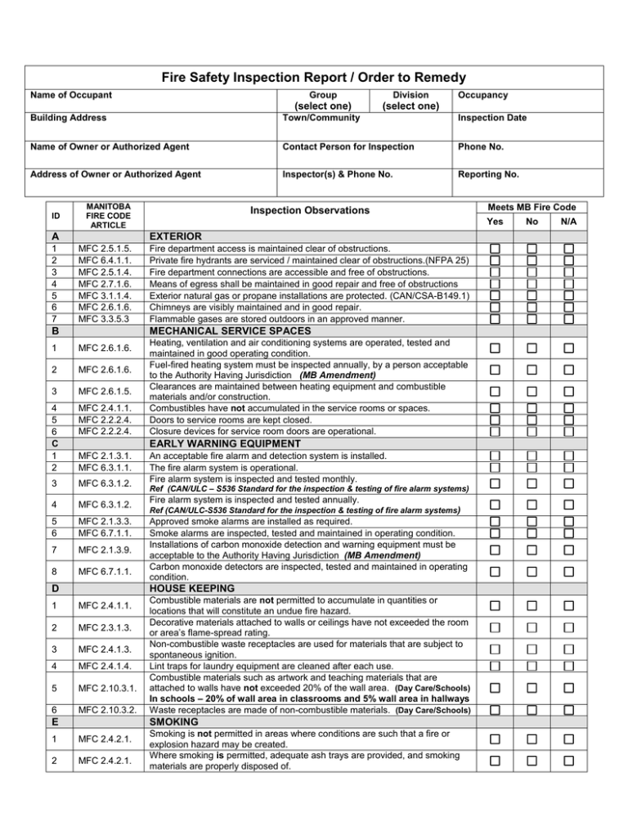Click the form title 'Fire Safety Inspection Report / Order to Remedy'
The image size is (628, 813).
point(313,78)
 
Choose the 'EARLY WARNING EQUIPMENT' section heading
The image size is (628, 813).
point(226,443)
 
